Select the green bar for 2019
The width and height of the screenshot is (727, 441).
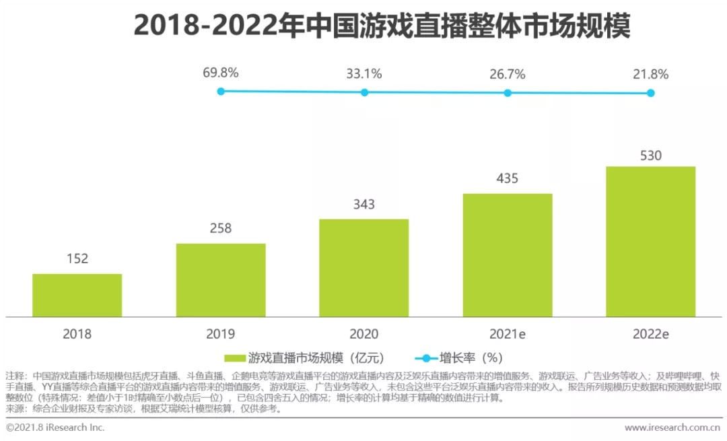[221, 279]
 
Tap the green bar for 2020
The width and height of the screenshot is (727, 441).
[363, 267]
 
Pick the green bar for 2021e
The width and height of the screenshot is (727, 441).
[508, 255]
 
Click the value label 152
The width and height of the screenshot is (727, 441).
[77, 259]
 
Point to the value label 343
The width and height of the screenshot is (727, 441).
[363, 204]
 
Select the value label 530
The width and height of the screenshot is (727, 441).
[650, 156]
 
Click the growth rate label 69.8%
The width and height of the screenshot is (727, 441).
[221, 73]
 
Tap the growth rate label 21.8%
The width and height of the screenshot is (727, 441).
[650, 75]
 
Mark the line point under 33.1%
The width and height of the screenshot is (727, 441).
[364, 92]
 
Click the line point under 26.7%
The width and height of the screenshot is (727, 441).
[508, 93]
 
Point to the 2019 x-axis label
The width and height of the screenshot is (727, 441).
[221, 334]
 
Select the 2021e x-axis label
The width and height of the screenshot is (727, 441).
[508, 334]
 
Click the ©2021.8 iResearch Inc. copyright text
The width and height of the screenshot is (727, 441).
[55, 428]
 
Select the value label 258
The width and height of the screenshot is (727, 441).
[221, 228]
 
